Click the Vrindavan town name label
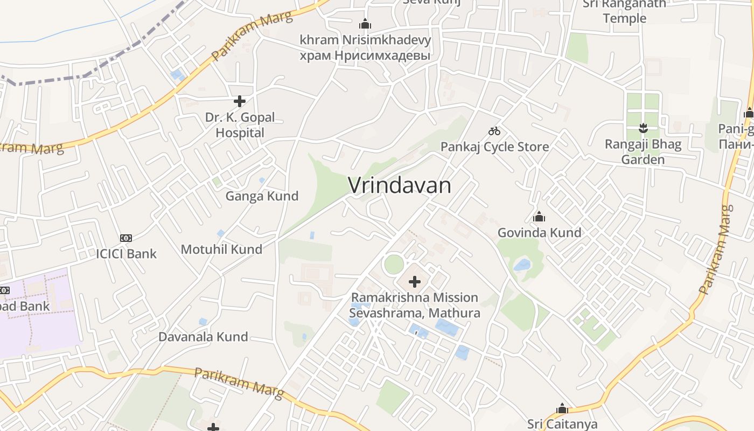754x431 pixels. tap(399, 185)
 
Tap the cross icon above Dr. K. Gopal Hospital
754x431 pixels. tap(240, 101)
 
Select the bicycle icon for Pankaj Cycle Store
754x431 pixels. tap(494, 131)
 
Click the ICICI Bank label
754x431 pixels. tap(126, 254)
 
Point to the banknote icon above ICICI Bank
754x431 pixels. tap(126, 238)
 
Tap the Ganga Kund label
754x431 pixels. tap(262, 196)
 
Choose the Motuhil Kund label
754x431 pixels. tap(221, 249)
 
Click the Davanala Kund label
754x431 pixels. tap(203, 337)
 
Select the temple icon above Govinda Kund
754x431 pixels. tap(539, 217)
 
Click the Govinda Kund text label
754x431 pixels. tap(539, 233)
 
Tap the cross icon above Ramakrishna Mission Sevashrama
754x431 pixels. tap(415, 281)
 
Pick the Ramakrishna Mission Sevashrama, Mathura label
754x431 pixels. tap(415, 305)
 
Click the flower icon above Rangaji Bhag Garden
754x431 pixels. tap(643, 128)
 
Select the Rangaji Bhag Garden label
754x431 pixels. tap(643, 152)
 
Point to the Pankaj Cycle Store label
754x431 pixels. tap(494, 147)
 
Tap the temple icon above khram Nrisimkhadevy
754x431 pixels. tap(365, 24)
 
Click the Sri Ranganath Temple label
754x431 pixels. tap(624, 11)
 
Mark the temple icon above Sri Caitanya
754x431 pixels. tap(562, 408)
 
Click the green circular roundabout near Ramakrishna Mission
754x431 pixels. tap(394, 265)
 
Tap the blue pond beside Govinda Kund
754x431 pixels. tap(521, 265)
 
